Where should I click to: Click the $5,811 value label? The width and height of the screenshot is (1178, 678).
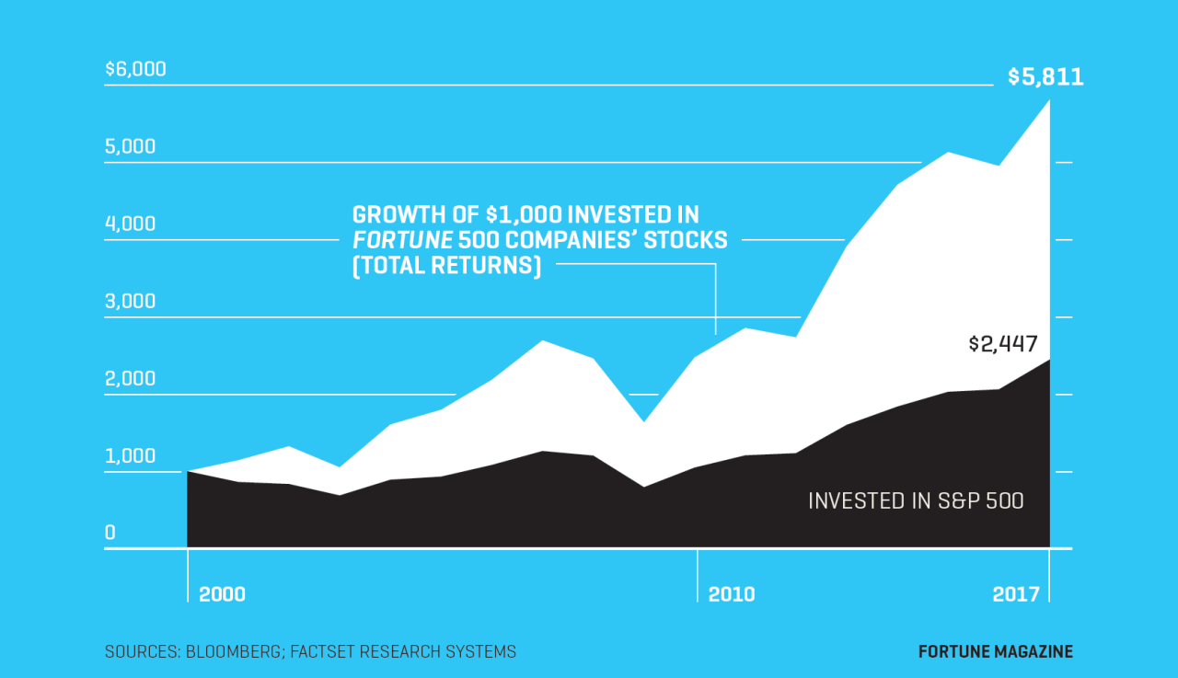coord(1045,76)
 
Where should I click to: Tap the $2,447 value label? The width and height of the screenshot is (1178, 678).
coord(1002,344)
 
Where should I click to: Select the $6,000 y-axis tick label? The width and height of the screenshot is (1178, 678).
coord(135,68)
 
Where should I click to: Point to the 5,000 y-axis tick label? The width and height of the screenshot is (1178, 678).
coord(131,146)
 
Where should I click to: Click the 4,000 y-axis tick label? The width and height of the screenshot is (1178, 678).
coord(131,224)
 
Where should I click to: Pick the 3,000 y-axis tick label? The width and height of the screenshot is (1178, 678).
coord(131,301)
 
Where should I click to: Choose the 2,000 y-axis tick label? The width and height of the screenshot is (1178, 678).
coord(131,378)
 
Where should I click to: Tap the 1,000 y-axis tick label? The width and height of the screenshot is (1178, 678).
coord(131,455)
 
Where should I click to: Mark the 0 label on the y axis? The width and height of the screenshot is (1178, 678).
coord(110,533)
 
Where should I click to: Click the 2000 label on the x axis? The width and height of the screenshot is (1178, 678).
coord(222,594)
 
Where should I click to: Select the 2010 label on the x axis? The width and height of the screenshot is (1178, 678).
coord(732,594)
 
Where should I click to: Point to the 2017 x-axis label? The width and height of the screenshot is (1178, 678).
coord(1016,594)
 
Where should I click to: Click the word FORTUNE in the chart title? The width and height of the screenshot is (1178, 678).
coord(402,241)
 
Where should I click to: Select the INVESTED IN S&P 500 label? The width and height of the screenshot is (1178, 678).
coord(916,501)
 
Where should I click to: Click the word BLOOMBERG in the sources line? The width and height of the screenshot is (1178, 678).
coord(235,652)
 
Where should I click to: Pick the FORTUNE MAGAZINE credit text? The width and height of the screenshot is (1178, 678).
coord(996,652)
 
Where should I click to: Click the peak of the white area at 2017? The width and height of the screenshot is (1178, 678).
coord(1048,100)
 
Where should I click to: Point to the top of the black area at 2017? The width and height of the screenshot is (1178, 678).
coord(1048,360)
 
